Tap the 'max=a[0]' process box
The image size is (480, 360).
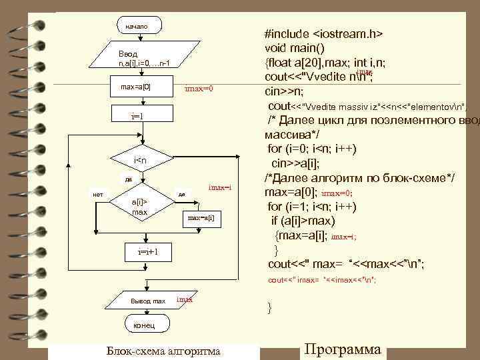click(136, 87)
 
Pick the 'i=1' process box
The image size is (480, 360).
click(138, 116)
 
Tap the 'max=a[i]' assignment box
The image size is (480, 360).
click(200, 218)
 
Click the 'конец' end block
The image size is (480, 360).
click(143, 325)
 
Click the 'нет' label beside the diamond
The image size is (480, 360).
click(97, 194)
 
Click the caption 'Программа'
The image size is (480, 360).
click(343, 350)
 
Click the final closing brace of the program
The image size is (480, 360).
click(269, 308)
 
